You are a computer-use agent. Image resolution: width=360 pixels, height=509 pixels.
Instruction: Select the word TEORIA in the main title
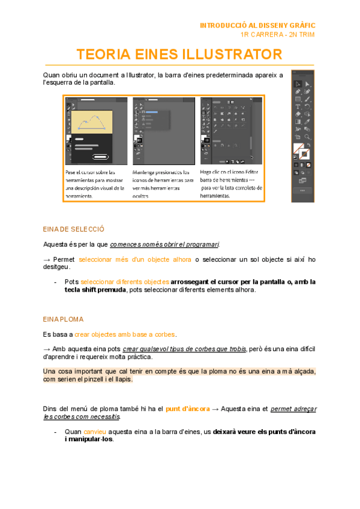click(103, 55)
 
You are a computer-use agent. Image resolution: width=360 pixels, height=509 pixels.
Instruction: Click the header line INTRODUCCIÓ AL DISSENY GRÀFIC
click(257, 26)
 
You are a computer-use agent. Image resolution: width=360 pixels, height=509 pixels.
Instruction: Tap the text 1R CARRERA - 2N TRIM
click(277, 34)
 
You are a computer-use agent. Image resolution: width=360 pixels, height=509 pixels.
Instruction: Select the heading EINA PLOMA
click(63, 319)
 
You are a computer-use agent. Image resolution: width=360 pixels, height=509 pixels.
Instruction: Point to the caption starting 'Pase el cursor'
click(95, 184)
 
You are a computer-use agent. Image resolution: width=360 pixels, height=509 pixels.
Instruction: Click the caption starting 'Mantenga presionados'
click(163, 184)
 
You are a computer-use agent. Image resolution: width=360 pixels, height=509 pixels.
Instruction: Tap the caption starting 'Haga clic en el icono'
click(230, 184)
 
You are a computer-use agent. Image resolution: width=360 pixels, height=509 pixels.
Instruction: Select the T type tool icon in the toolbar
click(298, 106)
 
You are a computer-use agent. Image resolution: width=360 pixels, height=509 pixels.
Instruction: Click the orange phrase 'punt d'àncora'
click(188, 409)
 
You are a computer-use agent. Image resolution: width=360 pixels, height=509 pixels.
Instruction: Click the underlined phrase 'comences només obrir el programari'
click(164, 244)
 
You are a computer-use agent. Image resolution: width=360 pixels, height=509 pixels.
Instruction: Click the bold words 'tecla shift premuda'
click(95, 289)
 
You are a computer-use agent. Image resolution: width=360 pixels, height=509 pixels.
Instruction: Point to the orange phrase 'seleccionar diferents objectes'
click(125, 282)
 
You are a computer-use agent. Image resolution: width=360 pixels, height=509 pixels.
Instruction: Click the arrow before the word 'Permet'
click(47, 259)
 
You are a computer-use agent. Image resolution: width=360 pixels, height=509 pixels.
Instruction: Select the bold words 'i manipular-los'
click(89, 439)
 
